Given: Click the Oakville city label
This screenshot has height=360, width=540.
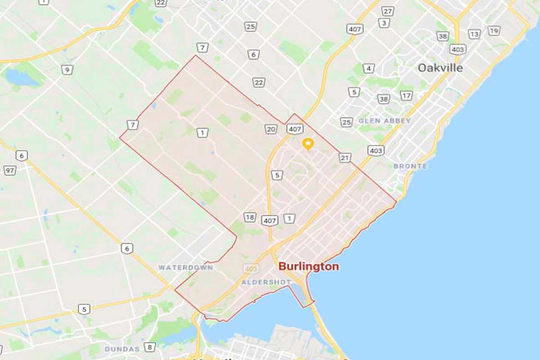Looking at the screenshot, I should [440, 68].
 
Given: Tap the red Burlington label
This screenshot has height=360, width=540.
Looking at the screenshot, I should [309, 266].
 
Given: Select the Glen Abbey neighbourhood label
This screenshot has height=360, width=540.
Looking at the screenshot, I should [385, 121].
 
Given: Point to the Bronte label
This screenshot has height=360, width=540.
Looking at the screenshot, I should [410, 166].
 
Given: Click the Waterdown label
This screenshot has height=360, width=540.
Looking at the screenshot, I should [185, 267].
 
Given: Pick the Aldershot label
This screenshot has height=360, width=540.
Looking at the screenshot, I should [266, 282].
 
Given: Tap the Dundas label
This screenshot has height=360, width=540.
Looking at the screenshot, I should [122, 349].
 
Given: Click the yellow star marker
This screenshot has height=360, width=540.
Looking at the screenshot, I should [308, 144].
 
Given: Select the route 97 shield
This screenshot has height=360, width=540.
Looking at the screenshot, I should [10, 170].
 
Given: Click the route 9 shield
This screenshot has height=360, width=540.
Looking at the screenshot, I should [67, 70].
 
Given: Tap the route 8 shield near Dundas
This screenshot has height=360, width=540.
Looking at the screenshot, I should [150, 347].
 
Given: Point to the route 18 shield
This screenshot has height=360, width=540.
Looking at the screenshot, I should [250, 217].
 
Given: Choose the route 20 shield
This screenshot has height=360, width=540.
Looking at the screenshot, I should [270, 129].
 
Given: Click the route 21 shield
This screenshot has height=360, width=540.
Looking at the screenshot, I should [345, 157].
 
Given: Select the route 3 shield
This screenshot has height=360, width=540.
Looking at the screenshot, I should [384, 23].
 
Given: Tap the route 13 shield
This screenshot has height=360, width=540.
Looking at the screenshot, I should [474, 34].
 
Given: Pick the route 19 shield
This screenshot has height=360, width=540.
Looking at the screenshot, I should [494, 31].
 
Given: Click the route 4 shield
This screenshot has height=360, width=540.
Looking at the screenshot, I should [369, 68].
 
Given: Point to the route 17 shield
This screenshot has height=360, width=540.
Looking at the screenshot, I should [406, 95].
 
